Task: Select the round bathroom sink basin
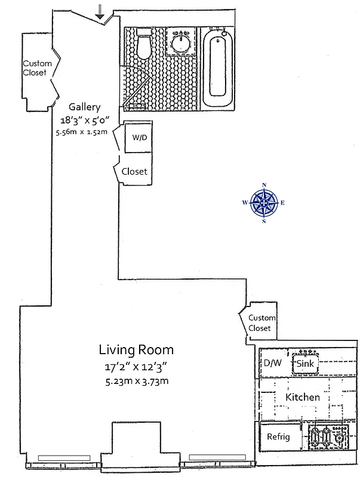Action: [180, 42]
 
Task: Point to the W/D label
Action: [139, 138]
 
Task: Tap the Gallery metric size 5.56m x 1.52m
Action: [81, 132]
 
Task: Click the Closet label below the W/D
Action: [134, 172]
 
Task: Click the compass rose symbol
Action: [263, 203]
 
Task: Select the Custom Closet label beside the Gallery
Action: [37, 69]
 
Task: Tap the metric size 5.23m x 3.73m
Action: [135, 381]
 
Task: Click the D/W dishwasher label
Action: [272, 363]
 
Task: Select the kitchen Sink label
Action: [304, 363]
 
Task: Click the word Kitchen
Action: [302, 397]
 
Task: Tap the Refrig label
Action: [278, 437]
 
